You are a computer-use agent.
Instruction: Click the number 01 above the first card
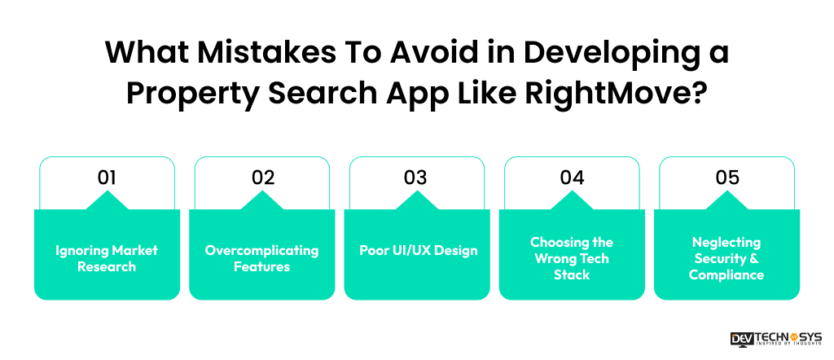pyautogui.click(x=107, y=178)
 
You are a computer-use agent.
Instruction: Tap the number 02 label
pyautogui.click(x=262, y=178)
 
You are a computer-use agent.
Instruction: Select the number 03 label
pyautogui.click(x=416, y=178)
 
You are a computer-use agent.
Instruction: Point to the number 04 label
pyautogui.click(x=572, y=178)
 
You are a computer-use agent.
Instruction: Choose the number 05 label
pyautogui.click(x=726, y=178)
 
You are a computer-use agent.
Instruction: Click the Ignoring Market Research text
pyautogui.click(x=107, y=258)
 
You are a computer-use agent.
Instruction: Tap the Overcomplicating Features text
pyautogui.click(x=261, y=258)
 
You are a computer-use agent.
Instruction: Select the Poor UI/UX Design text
pyautogui.click(x=417, y=250)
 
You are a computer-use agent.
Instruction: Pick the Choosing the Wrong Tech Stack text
pyautogui.click(x=572, y=258)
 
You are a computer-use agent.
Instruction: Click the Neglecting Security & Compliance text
pyautogui.click(x=726, y=258)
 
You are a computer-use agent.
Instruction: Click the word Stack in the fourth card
pyautogui.click(x=572, y=275)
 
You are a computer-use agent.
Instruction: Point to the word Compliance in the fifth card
pyautogui.click(x=726, y=275)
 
